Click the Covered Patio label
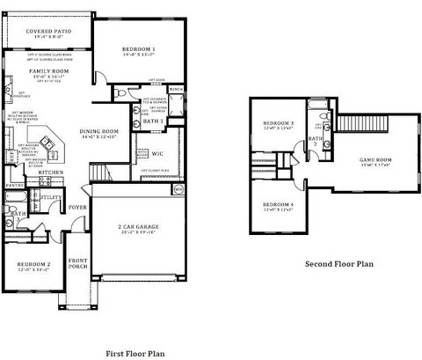pyautogui.click(x=49, y=32)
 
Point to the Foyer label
pyautogui.click(x=79, y=208)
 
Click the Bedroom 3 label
pyautogui.click(x=280, y=123)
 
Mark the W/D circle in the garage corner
pyautogui.click(x=178, y=188)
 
